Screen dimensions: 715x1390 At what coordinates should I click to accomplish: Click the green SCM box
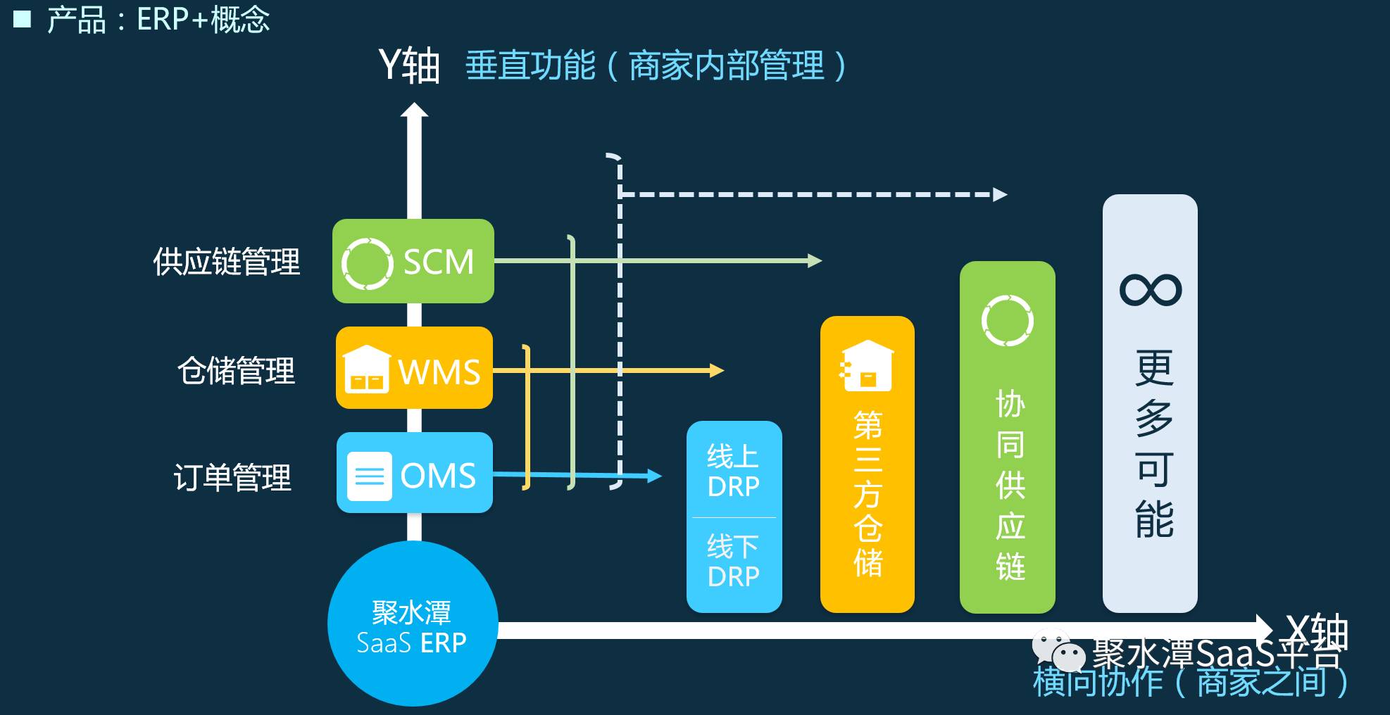[413, 261]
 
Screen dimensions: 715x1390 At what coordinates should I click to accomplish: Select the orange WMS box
[414, 368]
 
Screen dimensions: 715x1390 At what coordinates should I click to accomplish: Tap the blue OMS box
[414, 473]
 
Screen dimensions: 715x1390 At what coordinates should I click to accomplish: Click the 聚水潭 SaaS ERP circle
[413, 624]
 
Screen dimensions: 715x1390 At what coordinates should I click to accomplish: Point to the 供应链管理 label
[227, 262]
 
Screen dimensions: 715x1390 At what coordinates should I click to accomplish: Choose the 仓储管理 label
[236, 370]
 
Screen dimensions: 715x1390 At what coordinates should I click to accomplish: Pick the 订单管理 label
[232, 477]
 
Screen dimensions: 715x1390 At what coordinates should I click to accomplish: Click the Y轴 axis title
[409, 66]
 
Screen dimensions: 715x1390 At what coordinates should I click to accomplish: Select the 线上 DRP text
[734, 471]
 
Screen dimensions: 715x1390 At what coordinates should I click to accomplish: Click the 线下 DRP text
[734, 561]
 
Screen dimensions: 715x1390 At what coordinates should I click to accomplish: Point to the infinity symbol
[1151, 289]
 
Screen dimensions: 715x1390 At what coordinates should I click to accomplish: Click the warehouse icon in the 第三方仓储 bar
[867, 366]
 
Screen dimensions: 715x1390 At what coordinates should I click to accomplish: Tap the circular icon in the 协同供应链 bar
[1008, 321]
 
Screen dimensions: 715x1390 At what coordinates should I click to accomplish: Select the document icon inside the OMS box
[370, 476]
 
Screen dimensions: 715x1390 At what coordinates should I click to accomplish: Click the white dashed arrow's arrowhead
[1000, 194]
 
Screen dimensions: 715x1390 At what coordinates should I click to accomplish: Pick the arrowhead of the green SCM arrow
[815, 261]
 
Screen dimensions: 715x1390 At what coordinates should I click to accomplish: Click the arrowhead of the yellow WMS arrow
[717, 370]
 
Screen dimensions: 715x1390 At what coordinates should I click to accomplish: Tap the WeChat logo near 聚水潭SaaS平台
[1058, 651]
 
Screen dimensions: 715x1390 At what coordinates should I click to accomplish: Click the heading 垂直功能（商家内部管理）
[656, 66]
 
